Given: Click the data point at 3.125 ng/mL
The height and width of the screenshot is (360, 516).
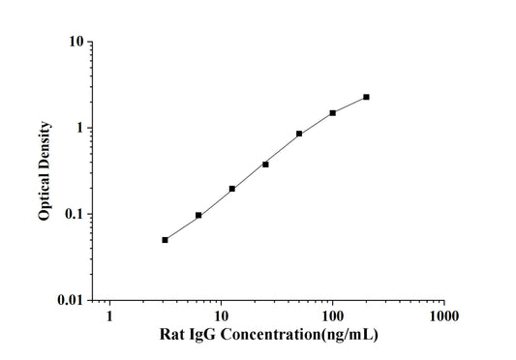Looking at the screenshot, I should point(165,239).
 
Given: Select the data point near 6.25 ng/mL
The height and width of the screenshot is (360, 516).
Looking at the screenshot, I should point(198,215).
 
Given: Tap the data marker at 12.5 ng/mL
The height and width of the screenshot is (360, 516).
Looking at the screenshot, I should point(232,188).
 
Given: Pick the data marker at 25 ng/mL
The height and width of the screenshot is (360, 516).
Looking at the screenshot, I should point(265,164).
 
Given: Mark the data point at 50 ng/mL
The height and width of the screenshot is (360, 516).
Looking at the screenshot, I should point(299,134).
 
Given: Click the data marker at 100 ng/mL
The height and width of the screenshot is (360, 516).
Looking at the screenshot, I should point(333,112).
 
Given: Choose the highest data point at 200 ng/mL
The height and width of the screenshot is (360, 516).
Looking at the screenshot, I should point(366,97).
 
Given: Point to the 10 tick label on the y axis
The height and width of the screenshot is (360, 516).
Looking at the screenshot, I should point(74,43).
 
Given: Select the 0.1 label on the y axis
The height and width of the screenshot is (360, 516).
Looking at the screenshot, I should point(73,214).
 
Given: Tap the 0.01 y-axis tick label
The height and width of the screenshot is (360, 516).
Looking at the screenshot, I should point(69,300).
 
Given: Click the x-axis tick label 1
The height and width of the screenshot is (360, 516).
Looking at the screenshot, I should point(109,316).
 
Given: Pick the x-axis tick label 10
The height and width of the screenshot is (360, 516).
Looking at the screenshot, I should point(221,316).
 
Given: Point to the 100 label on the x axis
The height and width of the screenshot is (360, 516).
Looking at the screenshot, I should point(332,316).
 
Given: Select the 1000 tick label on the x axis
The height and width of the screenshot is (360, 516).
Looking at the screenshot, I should point(443,316).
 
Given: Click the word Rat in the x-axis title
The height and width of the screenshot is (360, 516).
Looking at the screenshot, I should point(171,335).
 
